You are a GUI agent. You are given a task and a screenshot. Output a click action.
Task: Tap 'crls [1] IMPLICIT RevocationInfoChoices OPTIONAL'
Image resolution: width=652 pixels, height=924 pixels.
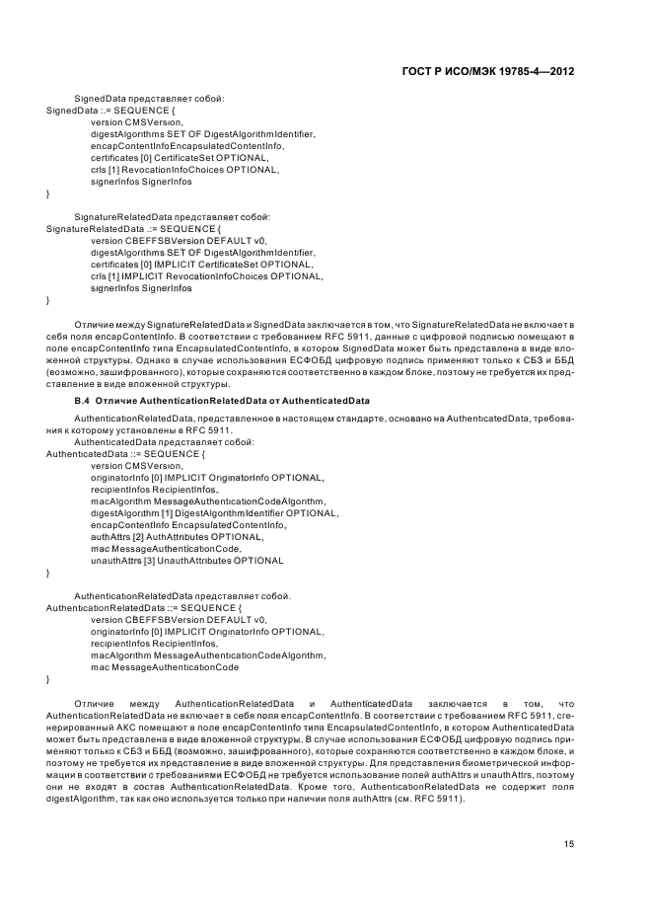pos(206,276)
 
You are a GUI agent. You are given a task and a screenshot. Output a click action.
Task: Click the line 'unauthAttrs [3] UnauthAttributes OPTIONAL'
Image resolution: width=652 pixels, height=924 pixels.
pos(186,561)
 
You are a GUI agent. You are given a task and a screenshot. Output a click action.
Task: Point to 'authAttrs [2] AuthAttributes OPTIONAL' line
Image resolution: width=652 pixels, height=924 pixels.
pos(168,537)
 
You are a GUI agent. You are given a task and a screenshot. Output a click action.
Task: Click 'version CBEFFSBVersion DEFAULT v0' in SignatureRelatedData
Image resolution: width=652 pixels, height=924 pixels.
pos(179,241)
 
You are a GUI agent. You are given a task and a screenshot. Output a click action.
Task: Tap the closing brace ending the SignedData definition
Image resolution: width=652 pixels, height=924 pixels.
pos(48,193)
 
